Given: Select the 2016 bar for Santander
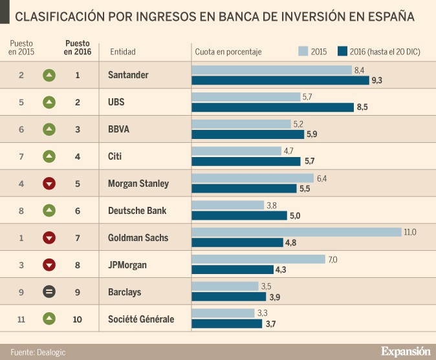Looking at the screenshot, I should pos(280,80).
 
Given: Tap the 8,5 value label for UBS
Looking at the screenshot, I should pos(362,107).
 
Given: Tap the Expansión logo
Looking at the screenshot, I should pos(405,351).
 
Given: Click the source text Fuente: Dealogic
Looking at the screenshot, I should pos(38,352).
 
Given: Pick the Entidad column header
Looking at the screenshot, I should pos(123,52).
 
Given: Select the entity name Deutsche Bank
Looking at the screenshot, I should pos(137,211).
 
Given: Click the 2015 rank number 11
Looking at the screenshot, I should pos(21,319).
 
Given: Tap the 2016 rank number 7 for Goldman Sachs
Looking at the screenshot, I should pos(78,238).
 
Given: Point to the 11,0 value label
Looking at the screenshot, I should pos(409,232).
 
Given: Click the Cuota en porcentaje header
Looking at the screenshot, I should pos(228,52).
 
